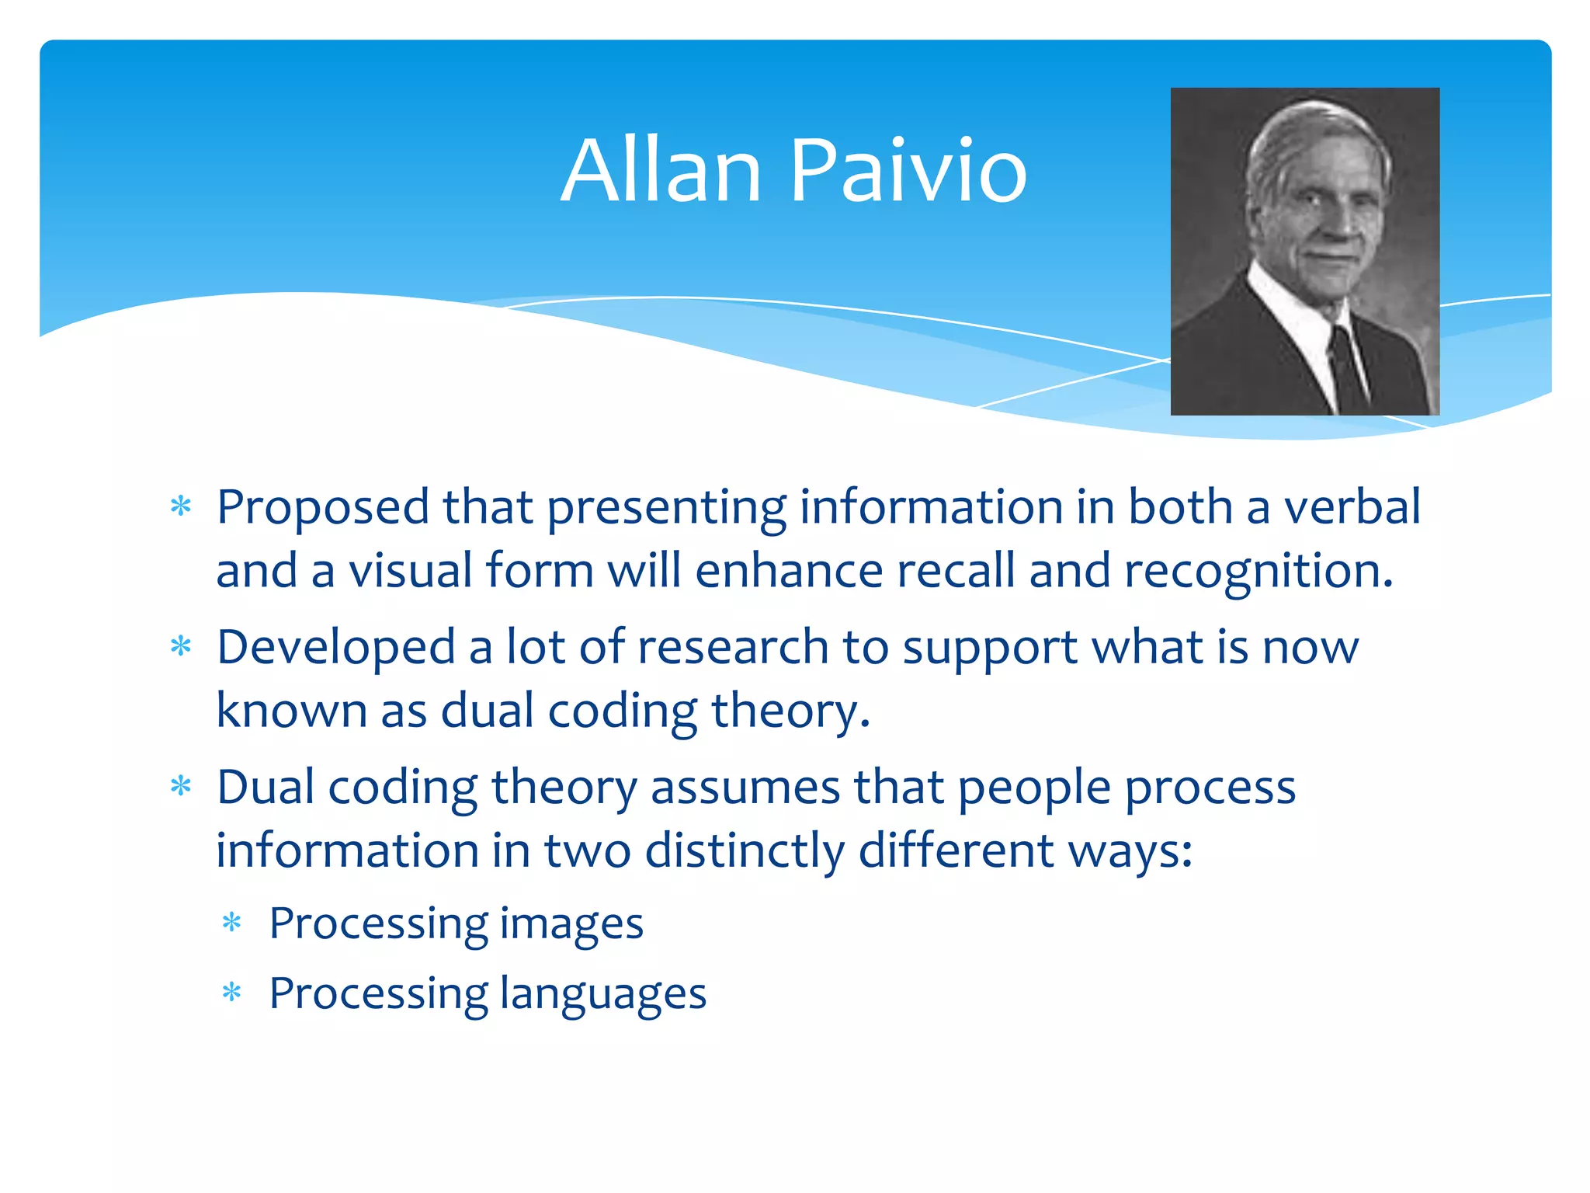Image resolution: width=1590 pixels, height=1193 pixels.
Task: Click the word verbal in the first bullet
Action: (1352, 507)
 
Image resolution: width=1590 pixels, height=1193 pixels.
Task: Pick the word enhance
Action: (789, 571)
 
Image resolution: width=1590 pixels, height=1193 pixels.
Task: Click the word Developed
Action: (336, 649)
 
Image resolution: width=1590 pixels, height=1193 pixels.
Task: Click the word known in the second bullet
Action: (291, 711)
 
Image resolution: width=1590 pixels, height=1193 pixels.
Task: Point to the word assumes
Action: (745, 788)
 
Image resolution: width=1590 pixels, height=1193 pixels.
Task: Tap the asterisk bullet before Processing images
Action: (232, 923)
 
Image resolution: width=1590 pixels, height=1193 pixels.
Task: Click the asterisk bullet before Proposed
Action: (181, 507)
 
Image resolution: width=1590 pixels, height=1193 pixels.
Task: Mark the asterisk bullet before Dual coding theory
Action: (181, 787)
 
